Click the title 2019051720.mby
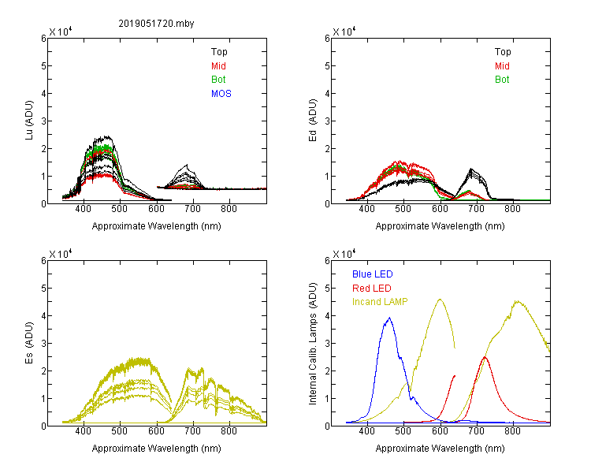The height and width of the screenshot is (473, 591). pos(156,24)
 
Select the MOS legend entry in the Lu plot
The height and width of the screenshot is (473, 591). pos(221,94)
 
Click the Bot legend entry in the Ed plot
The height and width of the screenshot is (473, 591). pos(502,80)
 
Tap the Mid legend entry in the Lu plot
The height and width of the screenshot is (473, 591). pos(218,66)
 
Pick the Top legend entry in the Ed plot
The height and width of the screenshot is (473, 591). pos(503,52)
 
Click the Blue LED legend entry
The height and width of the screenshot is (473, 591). pos(373,274)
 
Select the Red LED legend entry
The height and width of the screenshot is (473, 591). pos(372,289)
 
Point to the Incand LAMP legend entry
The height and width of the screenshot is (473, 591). pos(380,302)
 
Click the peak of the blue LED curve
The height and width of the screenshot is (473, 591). pos(389,318)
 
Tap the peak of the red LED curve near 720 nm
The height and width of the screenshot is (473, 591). pos(485,357)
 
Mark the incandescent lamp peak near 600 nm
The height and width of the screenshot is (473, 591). pos(440,299)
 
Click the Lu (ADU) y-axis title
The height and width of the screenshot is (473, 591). pos(29,121)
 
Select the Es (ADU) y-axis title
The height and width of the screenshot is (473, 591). pos(29,343)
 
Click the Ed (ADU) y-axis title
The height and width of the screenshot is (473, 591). pos(313,121)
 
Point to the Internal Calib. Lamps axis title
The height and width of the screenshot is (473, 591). pos(313,344)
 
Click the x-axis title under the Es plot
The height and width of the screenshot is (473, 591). pos(157,448)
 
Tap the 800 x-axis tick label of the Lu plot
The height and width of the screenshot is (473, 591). pos(229,209)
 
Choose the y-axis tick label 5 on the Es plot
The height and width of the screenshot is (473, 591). pos(43,289)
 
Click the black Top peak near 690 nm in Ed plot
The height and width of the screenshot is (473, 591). pos(471,169)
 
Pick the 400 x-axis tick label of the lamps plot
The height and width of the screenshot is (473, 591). pos(367,430)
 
